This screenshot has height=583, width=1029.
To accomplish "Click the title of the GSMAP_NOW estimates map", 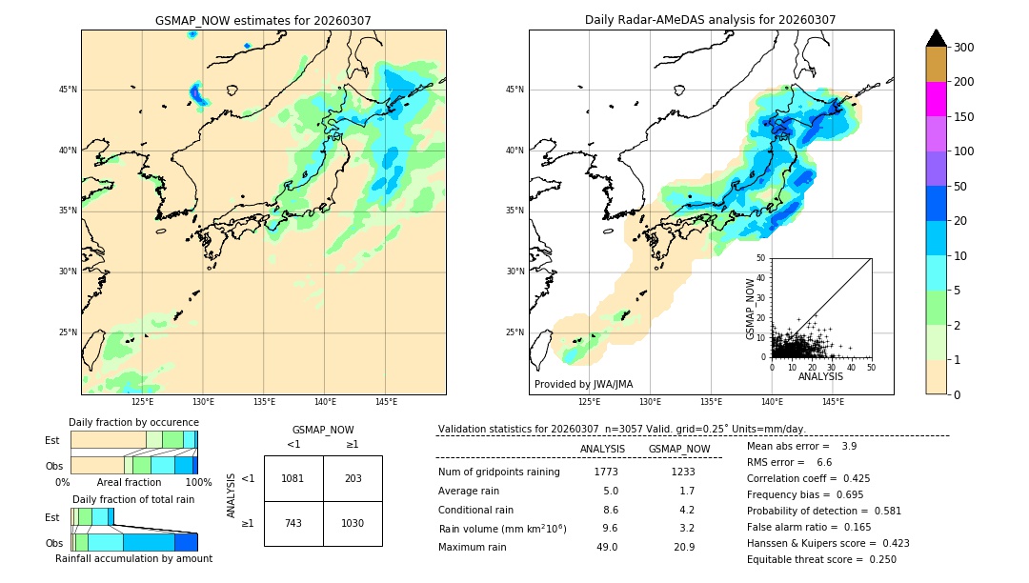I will (263, 20).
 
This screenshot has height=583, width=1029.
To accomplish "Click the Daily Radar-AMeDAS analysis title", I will (710, 20).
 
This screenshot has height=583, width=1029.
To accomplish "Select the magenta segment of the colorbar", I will (936, 99).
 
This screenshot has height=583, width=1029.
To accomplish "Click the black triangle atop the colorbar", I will (936, 38).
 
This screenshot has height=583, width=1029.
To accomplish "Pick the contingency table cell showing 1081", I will (293, 478).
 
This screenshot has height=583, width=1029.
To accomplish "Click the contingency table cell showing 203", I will (353, 478).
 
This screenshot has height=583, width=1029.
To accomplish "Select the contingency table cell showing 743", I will (293, 524).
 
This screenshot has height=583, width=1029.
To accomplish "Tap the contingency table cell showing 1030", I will (353, 524).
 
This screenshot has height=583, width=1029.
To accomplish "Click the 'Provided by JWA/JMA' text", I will (583, 385).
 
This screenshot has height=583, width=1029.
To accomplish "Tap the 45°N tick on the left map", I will (68, 90).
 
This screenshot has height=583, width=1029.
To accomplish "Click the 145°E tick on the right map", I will (833, 402).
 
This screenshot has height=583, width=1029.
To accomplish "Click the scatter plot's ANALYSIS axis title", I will (820, 377).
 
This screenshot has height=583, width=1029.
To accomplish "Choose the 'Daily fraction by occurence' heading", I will (133, 422).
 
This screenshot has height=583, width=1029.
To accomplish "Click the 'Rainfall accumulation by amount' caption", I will (133, 559).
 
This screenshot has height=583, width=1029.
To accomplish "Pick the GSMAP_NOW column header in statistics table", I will (678, 449).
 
